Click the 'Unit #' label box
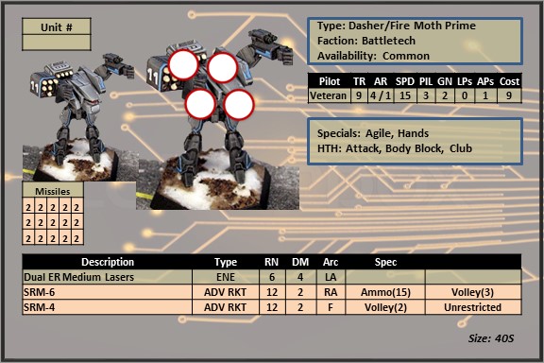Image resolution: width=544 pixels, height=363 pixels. tap(57, 27)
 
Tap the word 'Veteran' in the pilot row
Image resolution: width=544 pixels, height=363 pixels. tap(328, 95)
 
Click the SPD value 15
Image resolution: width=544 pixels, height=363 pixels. tap(405, 95)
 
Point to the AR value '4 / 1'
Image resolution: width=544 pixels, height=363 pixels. tap(381, 95)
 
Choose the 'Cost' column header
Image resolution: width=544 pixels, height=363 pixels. tap(509, 81)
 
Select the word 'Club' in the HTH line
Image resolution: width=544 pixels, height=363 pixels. tap(461, 148)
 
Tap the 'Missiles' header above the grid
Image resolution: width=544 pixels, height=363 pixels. tap(53, 191)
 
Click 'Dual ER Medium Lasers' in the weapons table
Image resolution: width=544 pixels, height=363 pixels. tap(78, 277)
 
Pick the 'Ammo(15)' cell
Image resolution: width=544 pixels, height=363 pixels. tap(385, 292)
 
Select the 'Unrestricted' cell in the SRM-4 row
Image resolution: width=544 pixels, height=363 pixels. tap(472, 307)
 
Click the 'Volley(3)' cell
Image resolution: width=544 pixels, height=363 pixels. tap(472, 292)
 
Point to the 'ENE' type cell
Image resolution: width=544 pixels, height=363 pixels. tap(226, 277)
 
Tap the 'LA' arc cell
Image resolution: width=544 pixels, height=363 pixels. tap(331, 277)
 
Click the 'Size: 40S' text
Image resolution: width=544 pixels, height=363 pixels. tap(491, 338)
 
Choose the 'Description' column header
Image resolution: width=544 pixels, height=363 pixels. tap(108, 262)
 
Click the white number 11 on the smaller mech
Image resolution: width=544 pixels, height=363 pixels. tap(34, 87)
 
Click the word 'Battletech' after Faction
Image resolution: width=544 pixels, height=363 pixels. tap(388, 41)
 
